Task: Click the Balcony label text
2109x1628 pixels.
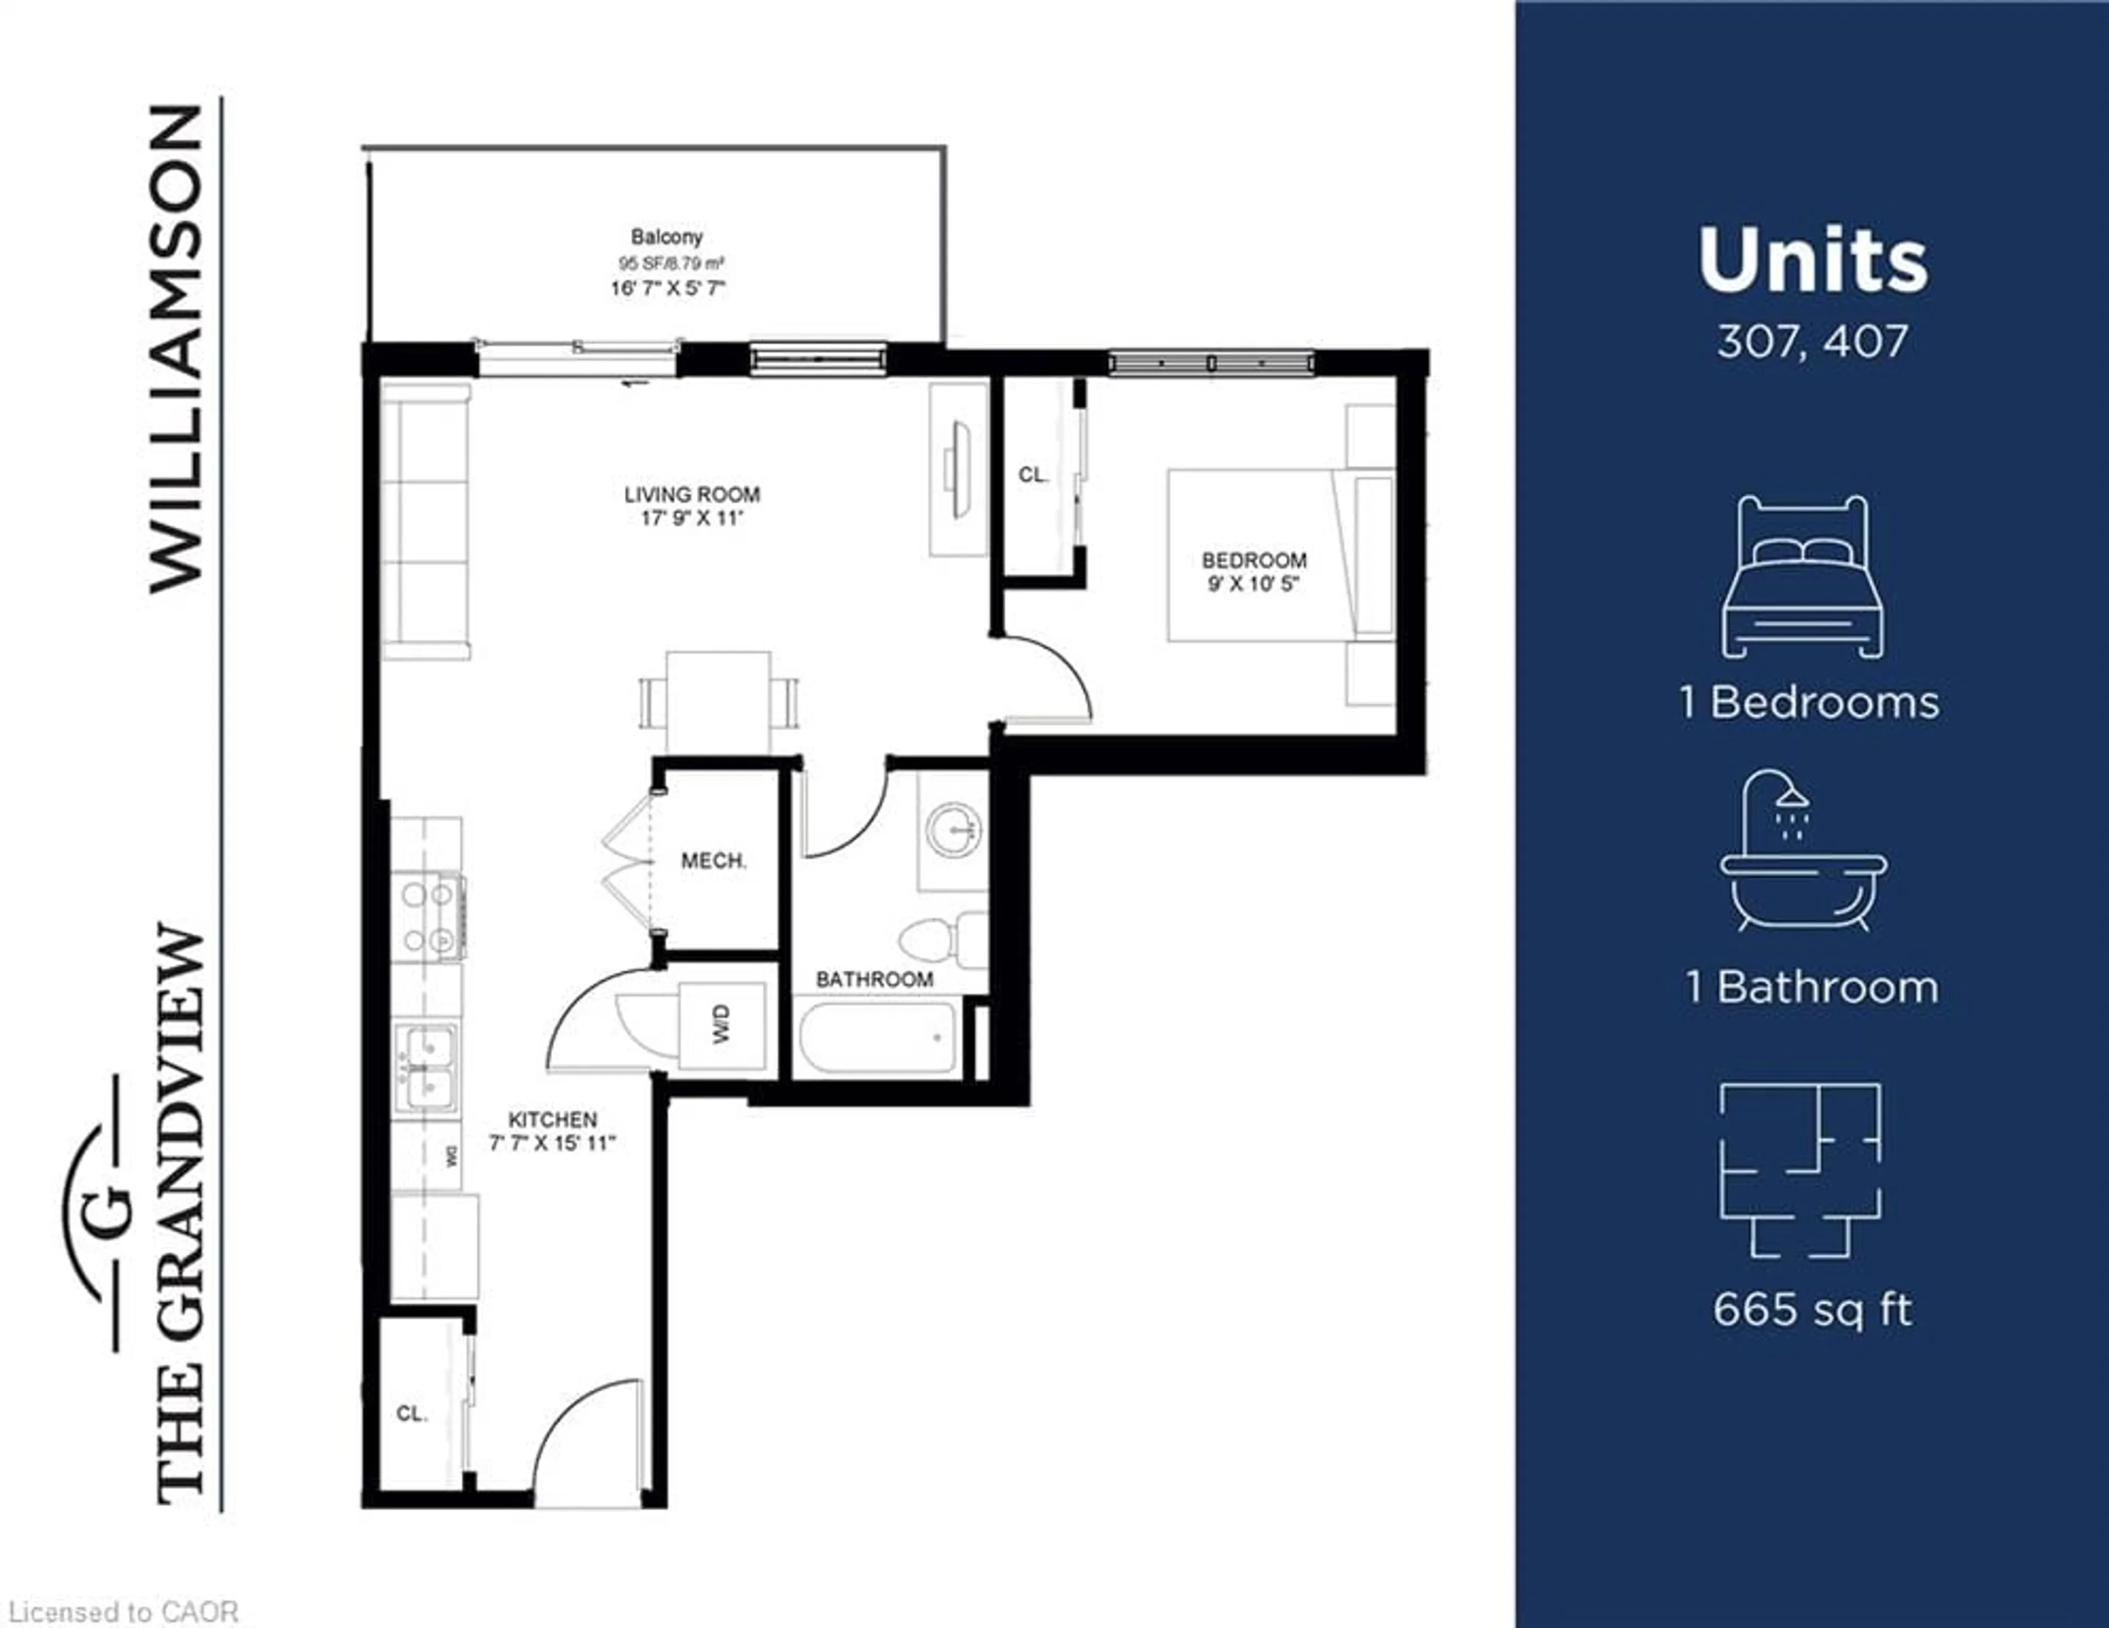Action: pos(666,237)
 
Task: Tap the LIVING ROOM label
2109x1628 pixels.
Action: pos(691,494)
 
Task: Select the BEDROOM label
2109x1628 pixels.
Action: pos(1253,560)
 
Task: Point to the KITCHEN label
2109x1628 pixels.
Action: pos(553,1119)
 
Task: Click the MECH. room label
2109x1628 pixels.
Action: pos(713,860)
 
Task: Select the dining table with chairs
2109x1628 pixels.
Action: pos(718,702)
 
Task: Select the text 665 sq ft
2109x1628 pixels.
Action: pos(1811,1311)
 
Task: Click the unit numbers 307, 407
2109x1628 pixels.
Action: pos(1811,341)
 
